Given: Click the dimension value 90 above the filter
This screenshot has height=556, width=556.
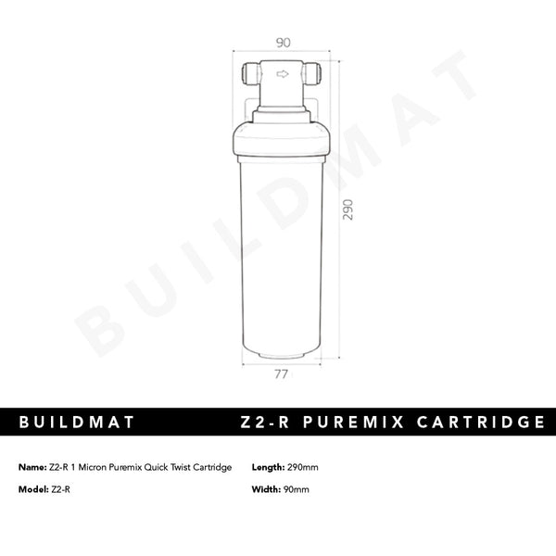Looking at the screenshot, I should (x=284, y=42).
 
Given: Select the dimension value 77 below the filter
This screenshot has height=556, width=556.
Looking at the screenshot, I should (x=282, y=374).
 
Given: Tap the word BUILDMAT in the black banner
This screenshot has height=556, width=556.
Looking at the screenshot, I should (x=77, y=423).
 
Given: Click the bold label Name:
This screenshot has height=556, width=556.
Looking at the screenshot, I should (x=32, y=467).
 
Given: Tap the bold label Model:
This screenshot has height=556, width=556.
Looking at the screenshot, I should (x=34, y=489).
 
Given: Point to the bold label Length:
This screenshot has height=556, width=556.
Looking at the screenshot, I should (x=269, y=467).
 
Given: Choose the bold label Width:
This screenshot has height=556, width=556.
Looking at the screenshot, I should (x=267, y=489).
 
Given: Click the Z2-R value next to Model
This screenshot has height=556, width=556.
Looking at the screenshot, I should (x=61, y=489).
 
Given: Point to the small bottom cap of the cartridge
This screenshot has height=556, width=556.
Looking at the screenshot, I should (x=281, y=353).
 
